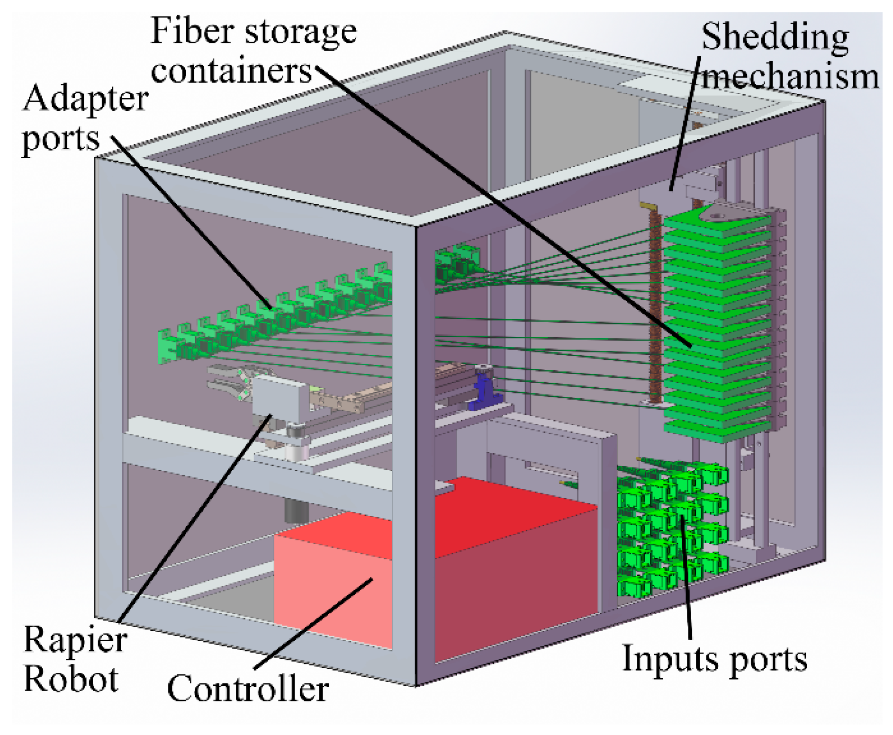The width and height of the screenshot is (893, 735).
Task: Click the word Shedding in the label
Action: click(x=775, y=37)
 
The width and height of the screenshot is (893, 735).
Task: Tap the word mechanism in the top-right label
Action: click(x=790, y=77)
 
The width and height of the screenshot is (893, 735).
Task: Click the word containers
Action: click(x=231, y=71)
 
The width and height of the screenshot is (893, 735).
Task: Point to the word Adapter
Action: click(x=85, y=99)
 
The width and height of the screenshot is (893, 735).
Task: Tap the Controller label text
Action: click(x=248, y=689)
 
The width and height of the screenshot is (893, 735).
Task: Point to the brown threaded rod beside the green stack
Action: click(x=655, y=303)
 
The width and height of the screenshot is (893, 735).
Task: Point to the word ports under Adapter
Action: click(x=61, y=140)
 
